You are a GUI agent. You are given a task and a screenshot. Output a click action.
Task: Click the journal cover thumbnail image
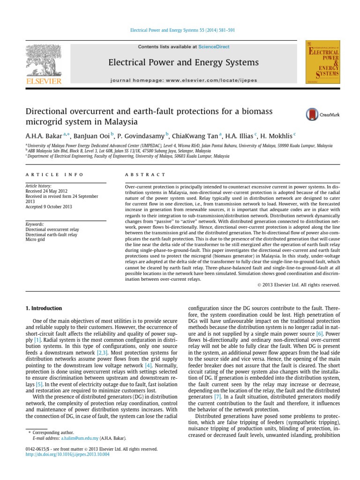(322, 62)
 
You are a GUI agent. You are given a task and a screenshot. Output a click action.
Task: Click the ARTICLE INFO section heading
(54, 175)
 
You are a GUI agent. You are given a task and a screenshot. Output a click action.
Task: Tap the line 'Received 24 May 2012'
(48, 191)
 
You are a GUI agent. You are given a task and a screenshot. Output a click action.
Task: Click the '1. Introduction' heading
(43, 308)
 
